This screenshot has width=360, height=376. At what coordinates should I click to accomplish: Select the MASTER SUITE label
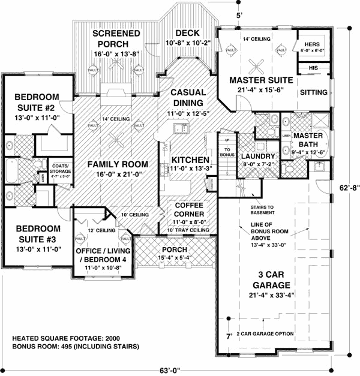pyautogui.click(x=261, y=80)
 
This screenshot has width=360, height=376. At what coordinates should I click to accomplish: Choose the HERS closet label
pyautogui.click(x=313, y=45)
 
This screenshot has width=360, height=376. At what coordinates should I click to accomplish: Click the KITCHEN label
pyautogui.click(x=190, y=160)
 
